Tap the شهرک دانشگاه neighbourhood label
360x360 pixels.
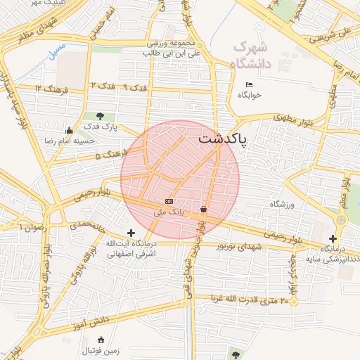point(250,55)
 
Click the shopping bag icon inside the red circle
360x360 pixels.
point(203,209)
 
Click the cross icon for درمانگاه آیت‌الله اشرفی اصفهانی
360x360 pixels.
point(131,233)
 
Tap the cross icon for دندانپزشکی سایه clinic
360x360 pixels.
point(333,238)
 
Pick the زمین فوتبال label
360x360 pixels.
point(103,350)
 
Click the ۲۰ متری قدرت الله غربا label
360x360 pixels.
point(246,301)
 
